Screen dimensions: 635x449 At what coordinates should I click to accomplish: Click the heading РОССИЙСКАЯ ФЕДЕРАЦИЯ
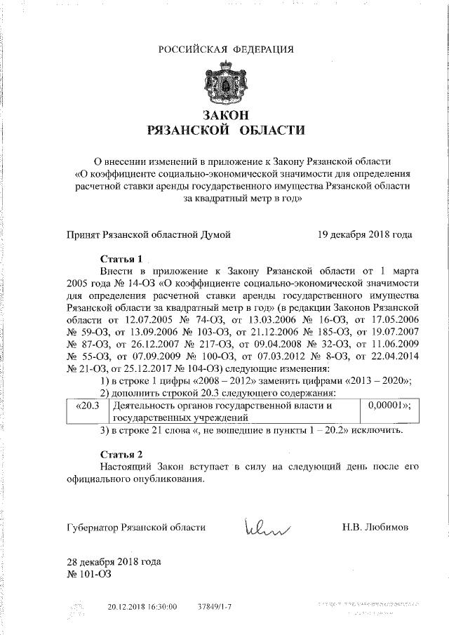[x=225, y=48]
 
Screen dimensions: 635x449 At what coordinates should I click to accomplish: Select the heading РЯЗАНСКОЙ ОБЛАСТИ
[x=224, y=130]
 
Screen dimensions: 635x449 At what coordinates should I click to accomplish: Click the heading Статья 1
[x=121, y=257]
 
